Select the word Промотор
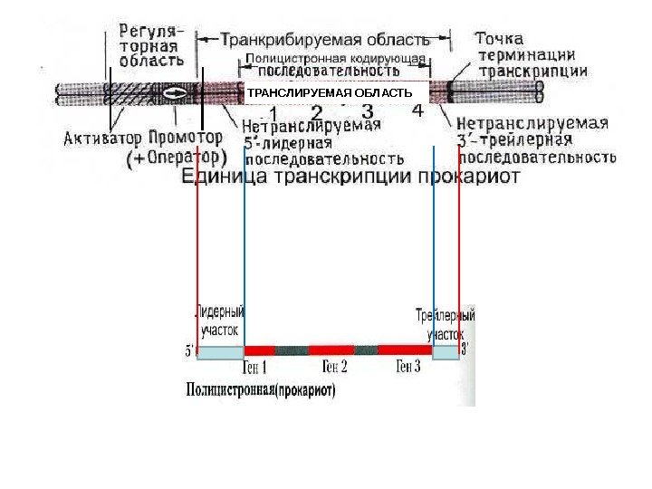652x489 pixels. [185, 139]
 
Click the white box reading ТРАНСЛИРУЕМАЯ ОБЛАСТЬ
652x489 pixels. [330, 93]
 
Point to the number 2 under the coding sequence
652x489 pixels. [316, 112]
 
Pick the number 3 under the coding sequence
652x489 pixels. [368, 111]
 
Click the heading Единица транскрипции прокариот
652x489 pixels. [358, 177]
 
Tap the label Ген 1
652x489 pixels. [255, 368]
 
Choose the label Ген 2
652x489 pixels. [334, 368]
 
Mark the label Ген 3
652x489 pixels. [408, 368]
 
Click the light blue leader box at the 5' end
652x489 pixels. [220, 352]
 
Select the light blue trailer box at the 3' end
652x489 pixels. [446, 351]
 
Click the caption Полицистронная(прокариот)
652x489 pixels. [260, 392]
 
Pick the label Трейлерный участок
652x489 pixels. [445, 325]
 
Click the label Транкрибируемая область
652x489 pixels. [324, 40]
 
